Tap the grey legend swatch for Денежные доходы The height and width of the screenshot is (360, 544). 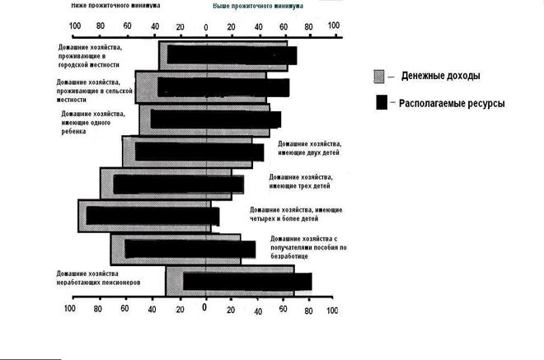pos(379,76)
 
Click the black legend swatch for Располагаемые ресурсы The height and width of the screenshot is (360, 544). pos(381,104)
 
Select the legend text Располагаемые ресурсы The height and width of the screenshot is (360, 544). pos(452,104)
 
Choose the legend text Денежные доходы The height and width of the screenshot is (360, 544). pos(441,76)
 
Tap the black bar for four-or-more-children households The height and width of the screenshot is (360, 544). pos(152,216)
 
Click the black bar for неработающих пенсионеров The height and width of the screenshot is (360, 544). pos(247,281)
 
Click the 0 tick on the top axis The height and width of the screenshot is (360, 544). pos(206,26)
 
